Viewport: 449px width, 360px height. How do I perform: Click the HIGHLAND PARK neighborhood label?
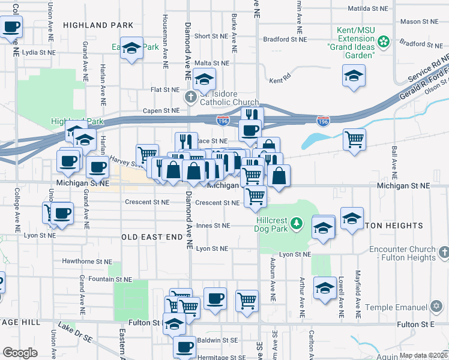[x=97, y=25]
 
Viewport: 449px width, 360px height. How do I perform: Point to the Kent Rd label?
[x=280, y=80]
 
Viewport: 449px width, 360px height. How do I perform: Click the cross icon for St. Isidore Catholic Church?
[x=190, y=97]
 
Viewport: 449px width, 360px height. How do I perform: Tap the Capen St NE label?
[x=161, y=110]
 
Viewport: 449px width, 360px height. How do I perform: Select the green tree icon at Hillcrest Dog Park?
[x=295, y=224]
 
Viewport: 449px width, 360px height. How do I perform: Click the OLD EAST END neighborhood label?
[x=152, y=237]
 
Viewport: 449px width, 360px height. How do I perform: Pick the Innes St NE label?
[x=213, y=226]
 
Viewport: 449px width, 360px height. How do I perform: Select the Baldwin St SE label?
[x=217, y=340]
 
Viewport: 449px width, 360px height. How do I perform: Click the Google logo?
[x=20, y=353]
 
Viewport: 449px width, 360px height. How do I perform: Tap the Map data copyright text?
[x=423, y=355]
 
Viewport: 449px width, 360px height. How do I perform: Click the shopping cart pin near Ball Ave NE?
[x=354, y=139]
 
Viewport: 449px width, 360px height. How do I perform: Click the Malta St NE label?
[x=212, y=63]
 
